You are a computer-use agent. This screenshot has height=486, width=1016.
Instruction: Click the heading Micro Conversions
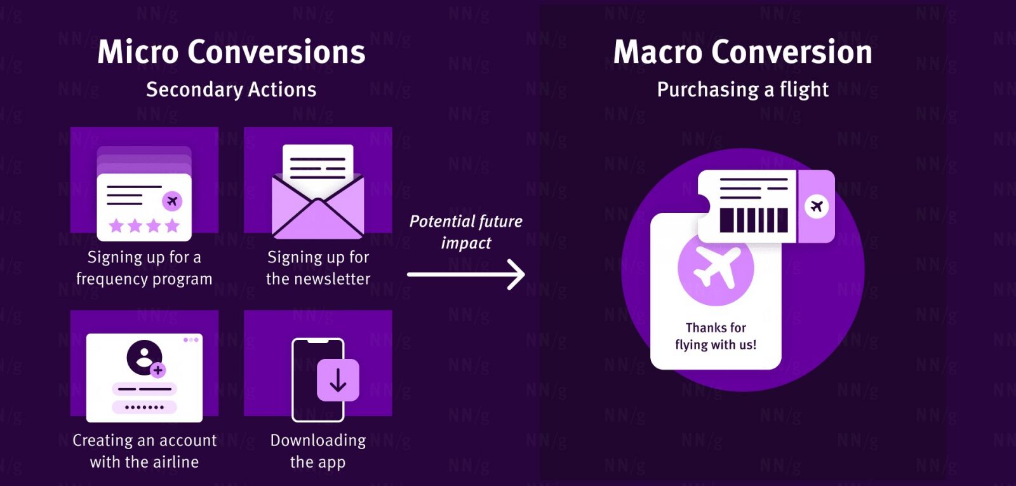coord(231,52)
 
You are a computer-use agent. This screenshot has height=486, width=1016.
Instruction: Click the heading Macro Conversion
coord(742,52)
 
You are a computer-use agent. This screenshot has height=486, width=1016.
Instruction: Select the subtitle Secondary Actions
coord(231,90)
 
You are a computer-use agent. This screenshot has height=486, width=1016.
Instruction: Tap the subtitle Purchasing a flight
coord(742,90)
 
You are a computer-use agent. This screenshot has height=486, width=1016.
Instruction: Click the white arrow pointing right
coord(466,274)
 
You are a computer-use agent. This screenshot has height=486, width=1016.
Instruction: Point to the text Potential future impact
coord(466,232)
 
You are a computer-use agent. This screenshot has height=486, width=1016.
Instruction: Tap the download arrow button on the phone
coord(338,380)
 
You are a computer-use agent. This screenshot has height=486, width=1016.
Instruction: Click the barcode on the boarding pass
coord(754,220)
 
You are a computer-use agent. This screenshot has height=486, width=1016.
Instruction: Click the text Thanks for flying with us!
coord(716,336)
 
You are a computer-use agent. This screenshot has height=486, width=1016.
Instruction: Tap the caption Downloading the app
coord(318,451)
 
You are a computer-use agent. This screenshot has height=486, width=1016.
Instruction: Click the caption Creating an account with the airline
coord(145,451)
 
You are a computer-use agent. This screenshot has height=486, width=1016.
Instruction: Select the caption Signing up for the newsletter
coord(318,267)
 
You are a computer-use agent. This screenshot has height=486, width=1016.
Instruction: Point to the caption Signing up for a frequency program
coord(144,267)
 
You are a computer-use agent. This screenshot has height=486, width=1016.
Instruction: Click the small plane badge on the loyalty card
coord(171,201)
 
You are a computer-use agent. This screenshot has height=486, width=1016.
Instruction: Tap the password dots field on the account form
coord(144,407)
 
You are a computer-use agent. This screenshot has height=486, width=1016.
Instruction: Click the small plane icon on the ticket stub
coord(817,206)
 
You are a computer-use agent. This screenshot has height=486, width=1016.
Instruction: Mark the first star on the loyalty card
coord(116,226)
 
